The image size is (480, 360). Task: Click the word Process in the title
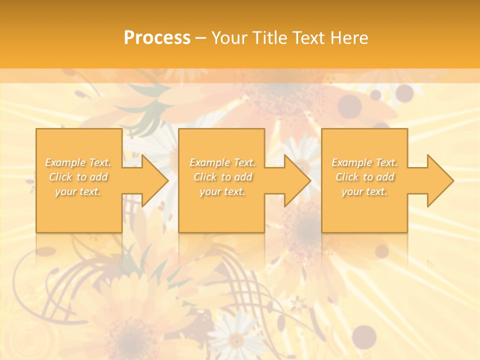[x=157, y=38]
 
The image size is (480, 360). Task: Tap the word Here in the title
[x=349, y=38]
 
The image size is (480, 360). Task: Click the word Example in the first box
[x=65, y=162]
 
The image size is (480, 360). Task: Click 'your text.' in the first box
[x=78, y=191]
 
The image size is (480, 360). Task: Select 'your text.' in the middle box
[x=222, y=191]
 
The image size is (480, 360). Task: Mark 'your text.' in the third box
[x=364, y=191]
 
